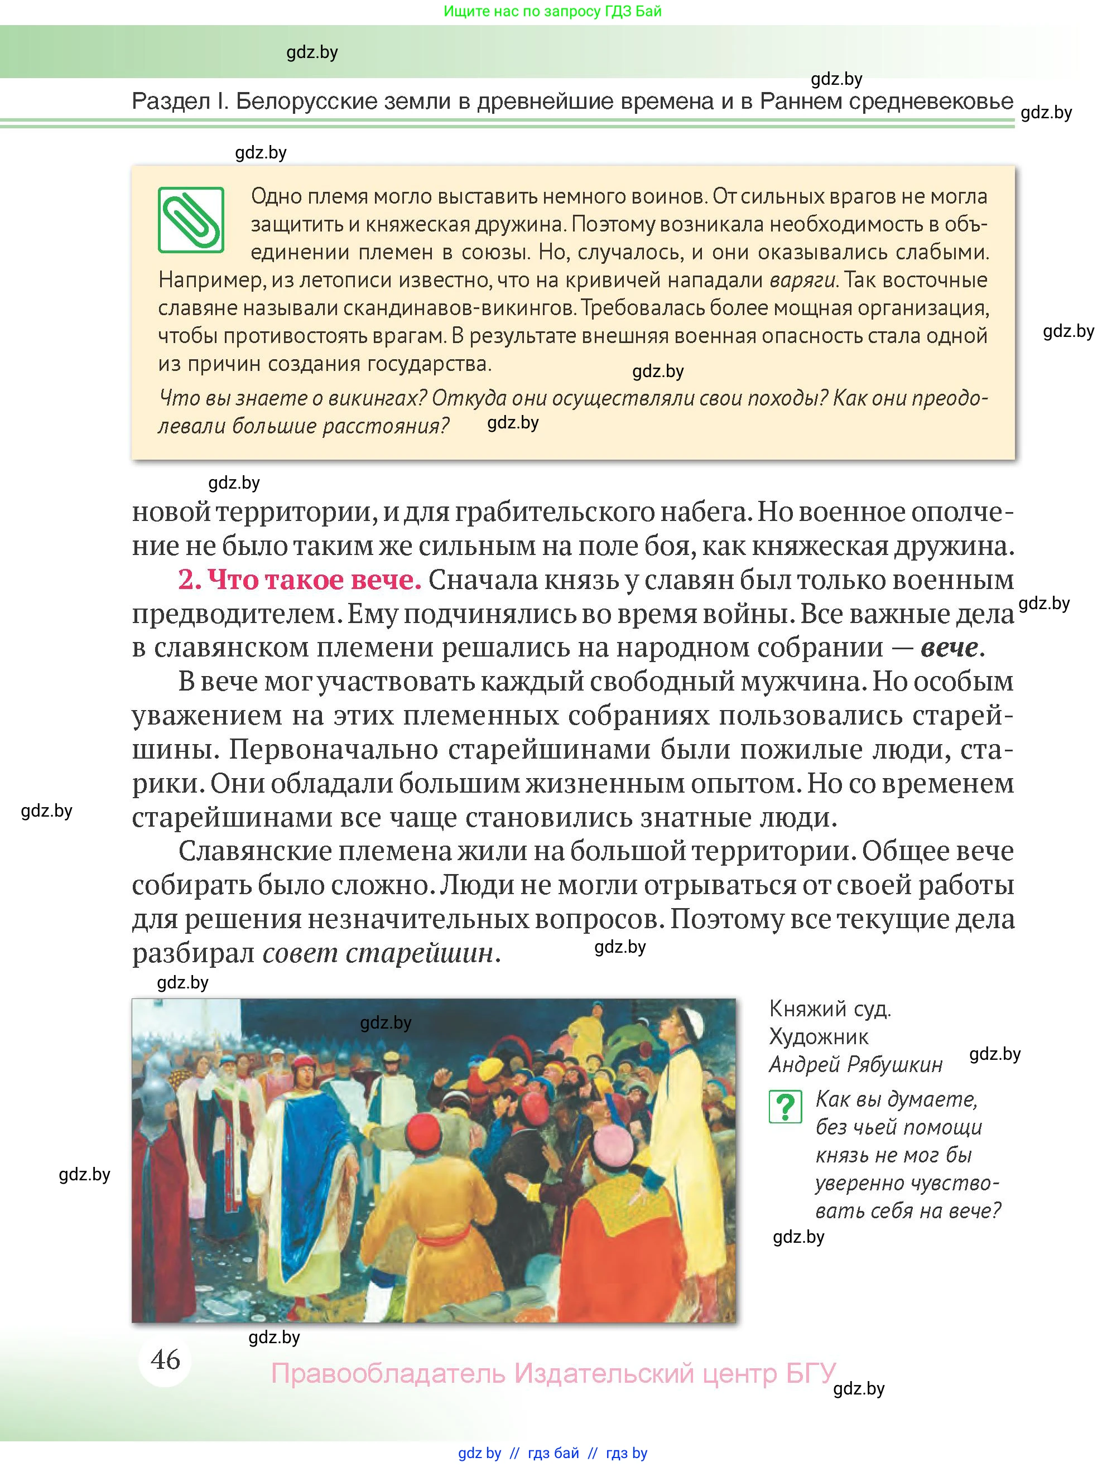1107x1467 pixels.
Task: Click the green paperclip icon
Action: click(190, 220)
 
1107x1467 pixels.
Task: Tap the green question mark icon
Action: click(785, 1106)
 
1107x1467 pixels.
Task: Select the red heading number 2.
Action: click(189, 580)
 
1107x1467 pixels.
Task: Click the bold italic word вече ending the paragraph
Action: click(949, 647)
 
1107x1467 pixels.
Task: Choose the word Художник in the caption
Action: click(819, 1036)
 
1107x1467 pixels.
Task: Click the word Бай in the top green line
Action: click(648, 11)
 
